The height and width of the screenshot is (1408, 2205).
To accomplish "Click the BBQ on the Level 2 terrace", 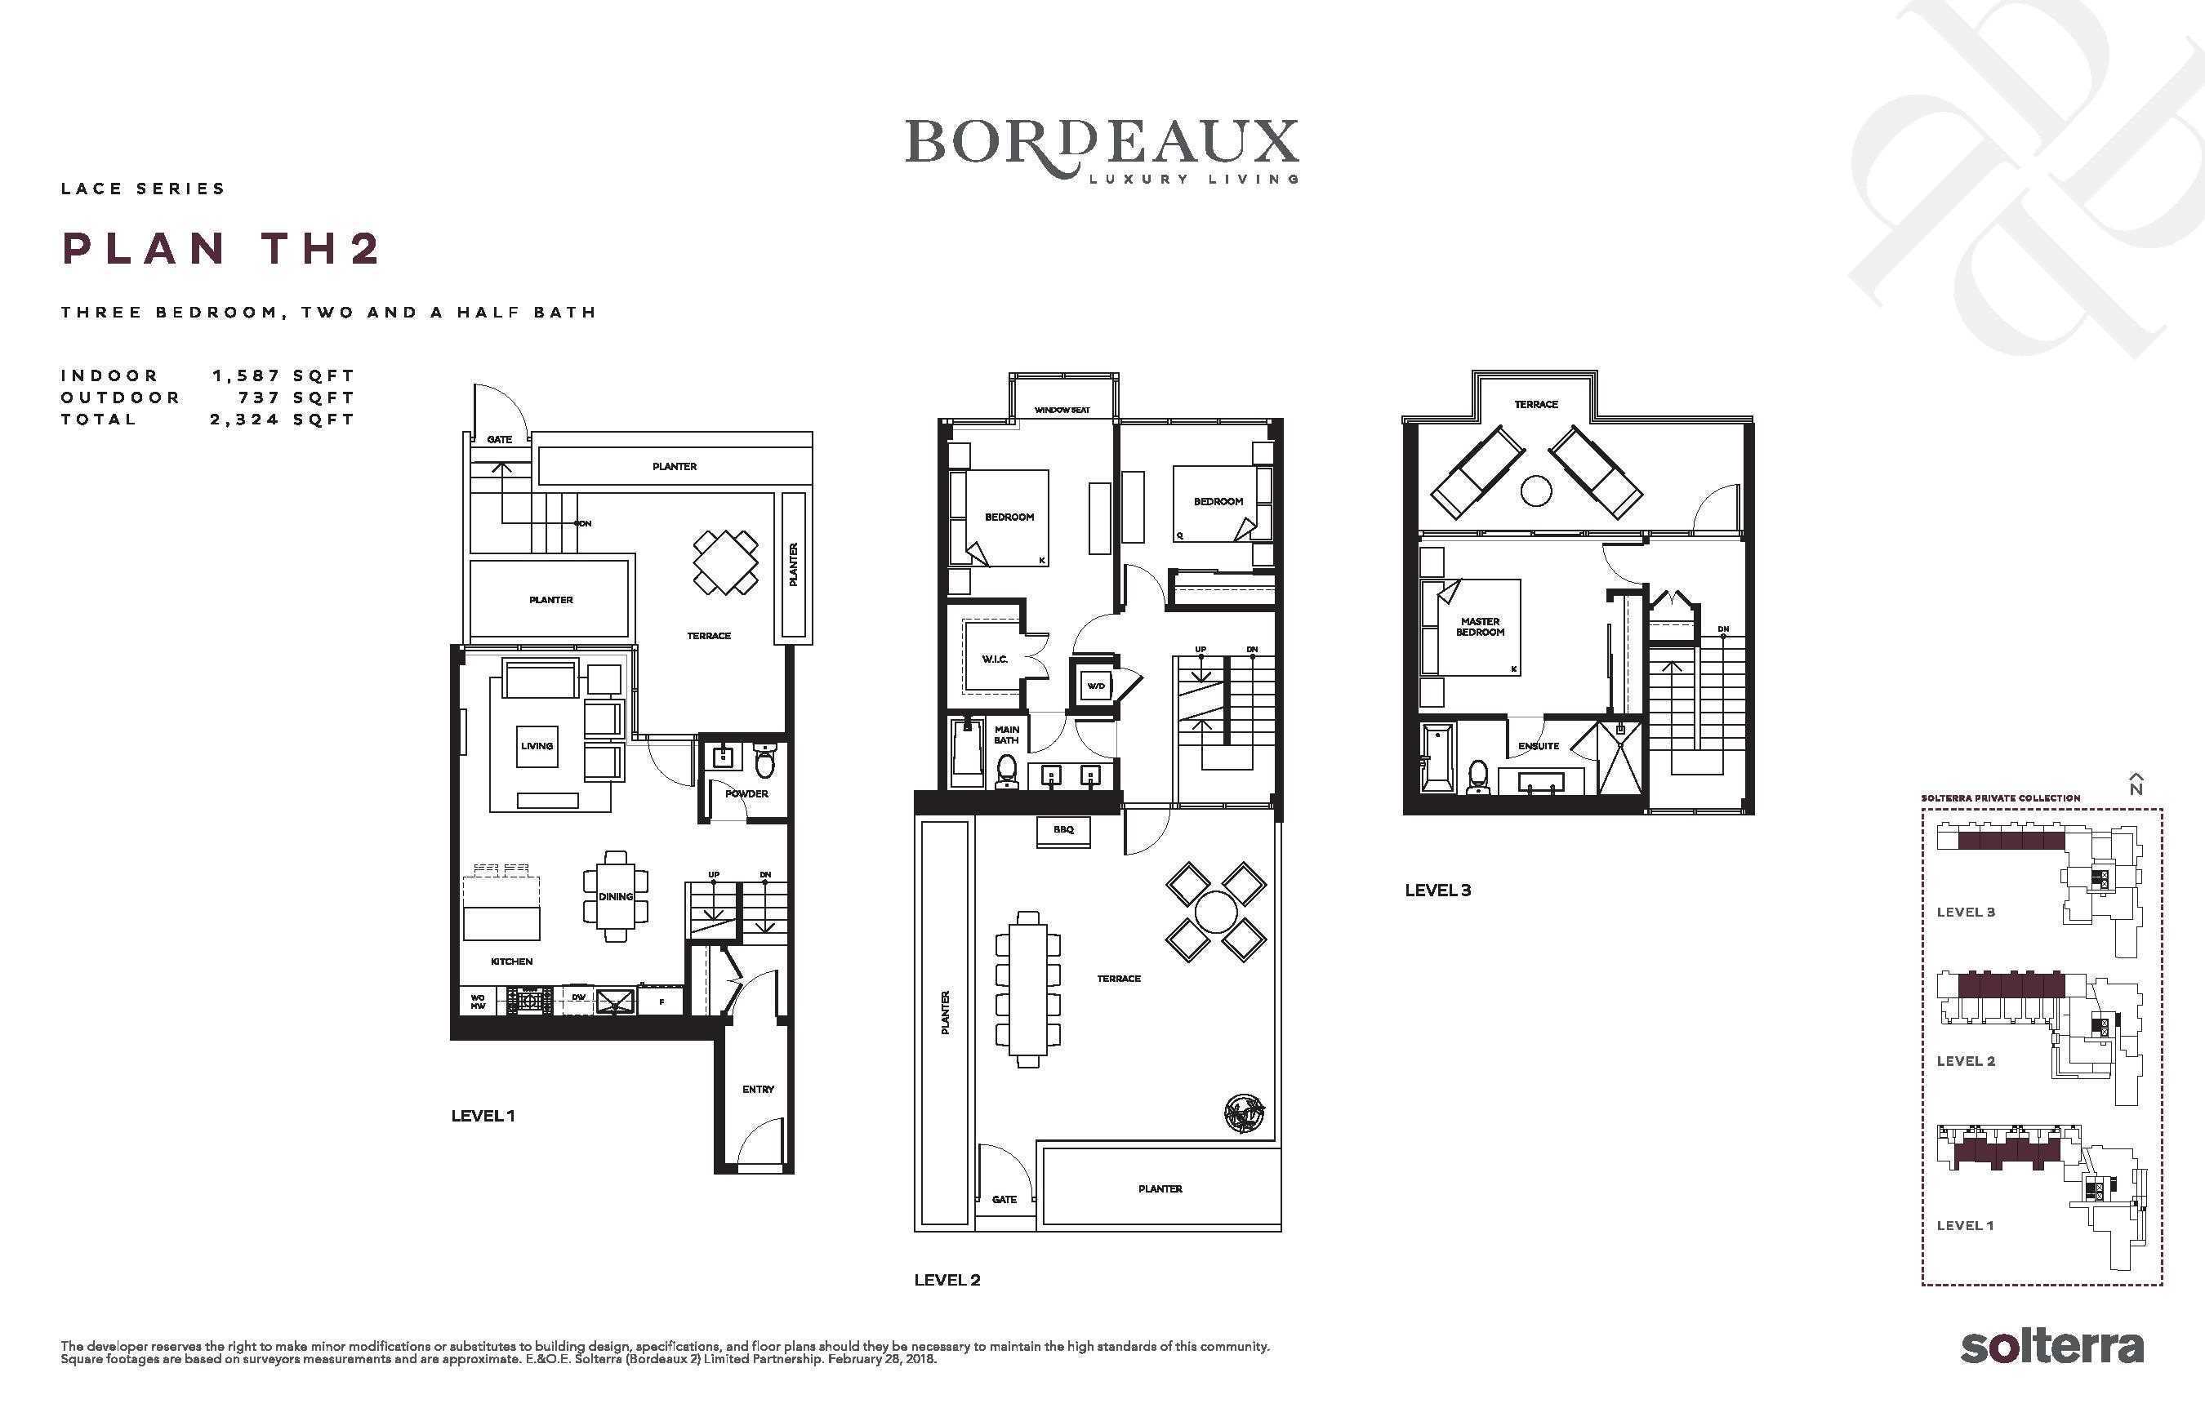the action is point(1063,830).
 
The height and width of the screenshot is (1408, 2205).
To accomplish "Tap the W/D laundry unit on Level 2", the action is point(1095,686).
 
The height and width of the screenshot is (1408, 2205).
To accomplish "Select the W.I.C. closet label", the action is point(995,660).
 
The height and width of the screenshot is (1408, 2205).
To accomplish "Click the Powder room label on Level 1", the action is point(747,793).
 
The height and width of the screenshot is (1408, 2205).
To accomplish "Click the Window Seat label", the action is point(1062,410).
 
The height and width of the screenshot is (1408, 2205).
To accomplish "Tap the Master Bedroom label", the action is point(1481,627).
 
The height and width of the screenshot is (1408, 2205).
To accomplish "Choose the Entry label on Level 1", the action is point(758,1090).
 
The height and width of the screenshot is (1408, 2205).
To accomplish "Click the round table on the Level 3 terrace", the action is point(1536,491).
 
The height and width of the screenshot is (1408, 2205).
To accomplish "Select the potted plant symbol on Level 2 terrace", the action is point(1245,1113).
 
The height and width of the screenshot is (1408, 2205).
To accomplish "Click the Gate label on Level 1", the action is point(499,439).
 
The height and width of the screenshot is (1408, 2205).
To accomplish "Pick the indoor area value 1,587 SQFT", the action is point(283,375).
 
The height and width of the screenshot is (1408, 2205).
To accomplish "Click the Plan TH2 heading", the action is point(220,248).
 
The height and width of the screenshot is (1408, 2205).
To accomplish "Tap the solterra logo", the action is point(2051,1347).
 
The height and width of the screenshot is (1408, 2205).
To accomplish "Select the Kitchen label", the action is point(512,962).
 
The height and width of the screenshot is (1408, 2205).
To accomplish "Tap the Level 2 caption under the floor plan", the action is point(947,1280).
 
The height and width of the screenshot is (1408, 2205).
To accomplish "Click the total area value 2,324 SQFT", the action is point(282,420).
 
